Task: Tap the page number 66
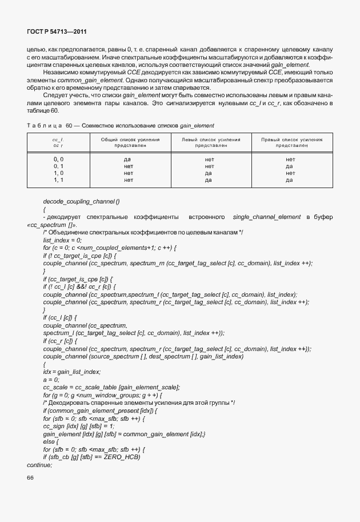pos(30,478)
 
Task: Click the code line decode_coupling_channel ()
pos(81,201)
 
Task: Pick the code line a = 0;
pos(51,379)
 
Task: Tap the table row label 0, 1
pos(58,165)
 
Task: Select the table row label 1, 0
pos(58,172)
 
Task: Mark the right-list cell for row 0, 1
pos(289,165)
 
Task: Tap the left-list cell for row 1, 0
pos(209,172)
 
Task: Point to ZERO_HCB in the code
pos(121,457)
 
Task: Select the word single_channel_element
pos(265,217)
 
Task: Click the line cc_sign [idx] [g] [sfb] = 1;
pos(78,426)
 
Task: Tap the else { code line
pos(50,441)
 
